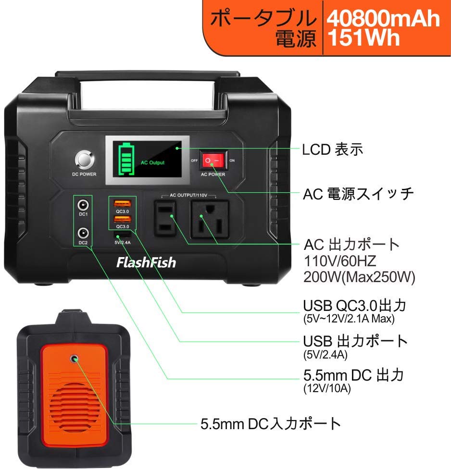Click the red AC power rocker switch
pyautogui.click(x=213, y=160)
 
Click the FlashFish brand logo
pyautogui.click(x=146, y=263)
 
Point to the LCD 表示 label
pyautogui.click(x=332, y=150)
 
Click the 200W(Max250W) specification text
pyautogui.click(x=359, y=277)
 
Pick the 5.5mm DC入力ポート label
pyautogui.click(x=271, y=424)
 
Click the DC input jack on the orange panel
pyautogui.click(x=74, y=358)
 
